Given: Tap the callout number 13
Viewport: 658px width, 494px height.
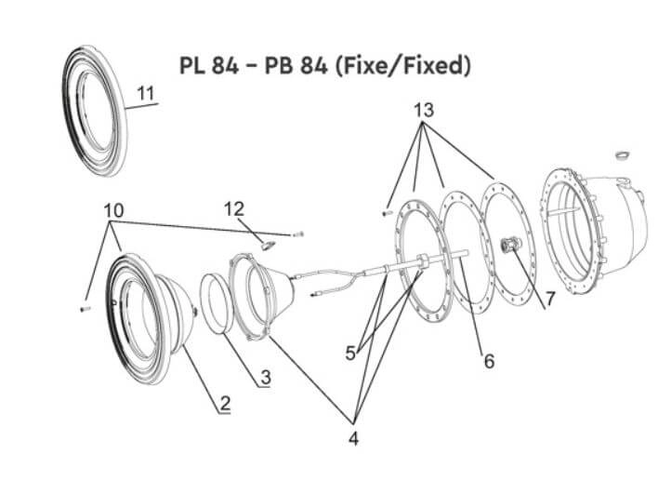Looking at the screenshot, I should (423, 110).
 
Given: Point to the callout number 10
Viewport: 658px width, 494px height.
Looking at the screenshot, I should (113, 211).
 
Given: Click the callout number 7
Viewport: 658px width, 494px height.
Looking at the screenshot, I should (549, 299).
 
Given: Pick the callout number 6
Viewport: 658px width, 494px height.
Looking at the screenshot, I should (488, 361).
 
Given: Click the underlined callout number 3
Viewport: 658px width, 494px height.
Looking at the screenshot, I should (266, 378).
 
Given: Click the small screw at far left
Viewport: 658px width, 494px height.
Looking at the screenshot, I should (85, 306).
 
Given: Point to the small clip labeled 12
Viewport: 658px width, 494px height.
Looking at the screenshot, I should (265, 246).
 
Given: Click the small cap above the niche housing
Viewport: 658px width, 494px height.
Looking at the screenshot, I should (624, 152).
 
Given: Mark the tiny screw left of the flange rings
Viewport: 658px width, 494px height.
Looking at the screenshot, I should (385, 213).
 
